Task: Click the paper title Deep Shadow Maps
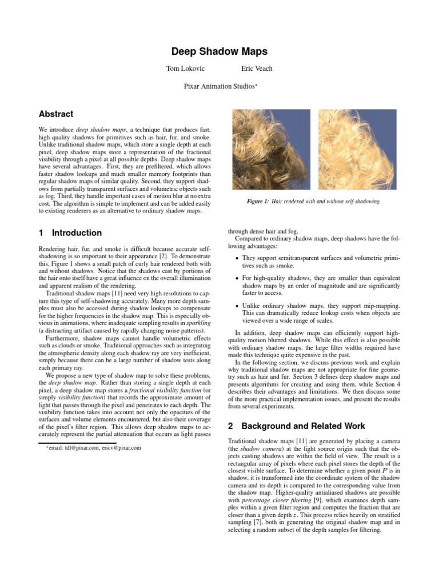pos(219,52)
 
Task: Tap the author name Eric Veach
pos(257,69)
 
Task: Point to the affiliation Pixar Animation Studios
pos(219,86)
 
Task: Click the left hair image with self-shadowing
pos(272,149)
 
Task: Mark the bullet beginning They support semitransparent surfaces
pos(319,262)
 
